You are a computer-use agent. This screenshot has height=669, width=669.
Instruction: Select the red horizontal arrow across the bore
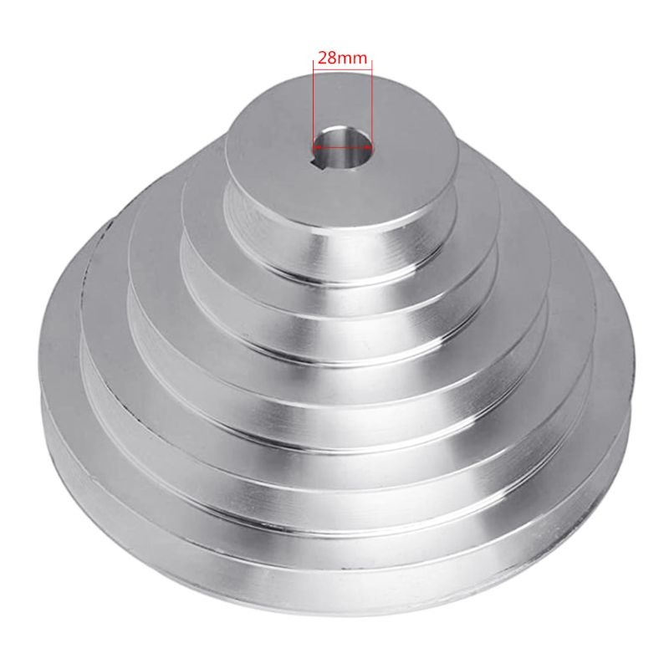coord(343,143)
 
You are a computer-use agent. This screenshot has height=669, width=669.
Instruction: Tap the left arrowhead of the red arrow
coord(317,143)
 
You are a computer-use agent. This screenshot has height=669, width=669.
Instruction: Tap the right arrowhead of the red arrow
coord(369,143)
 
